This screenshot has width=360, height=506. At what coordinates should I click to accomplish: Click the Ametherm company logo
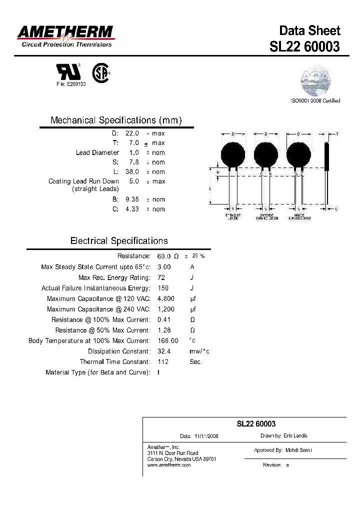[x=65, y=36]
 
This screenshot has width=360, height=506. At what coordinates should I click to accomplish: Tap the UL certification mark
[x=64, y=72]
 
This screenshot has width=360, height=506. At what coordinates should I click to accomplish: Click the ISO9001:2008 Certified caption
[x=315, y=101]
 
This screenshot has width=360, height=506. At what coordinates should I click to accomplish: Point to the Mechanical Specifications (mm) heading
[x=116, y=120]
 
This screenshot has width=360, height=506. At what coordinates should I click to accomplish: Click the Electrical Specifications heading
[x=119, y=241]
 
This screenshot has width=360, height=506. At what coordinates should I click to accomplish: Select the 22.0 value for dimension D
[x=131, y=133]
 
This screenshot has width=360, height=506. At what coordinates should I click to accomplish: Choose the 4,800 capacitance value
[x=165, y=299]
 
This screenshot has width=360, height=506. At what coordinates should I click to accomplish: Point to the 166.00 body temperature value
[x=167, y=341]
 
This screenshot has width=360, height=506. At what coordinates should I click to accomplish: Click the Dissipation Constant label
[x=119, y=351]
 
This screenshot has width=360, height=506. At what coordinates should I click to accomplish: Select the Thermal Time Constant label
[x=115, y=362]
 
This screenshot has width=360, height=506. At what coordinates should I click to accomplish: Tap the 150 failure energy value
[x=163, y=288]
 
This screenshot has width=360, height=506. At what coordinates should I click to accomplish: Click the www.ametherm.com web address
[x=169, y=465]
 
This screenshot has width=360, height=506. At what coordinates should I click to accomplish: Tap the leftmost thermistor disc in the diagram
[x=233, y=154]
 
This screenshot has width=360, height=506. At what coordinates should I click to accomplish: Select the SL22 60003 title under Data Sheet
[x=304, y=46]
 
